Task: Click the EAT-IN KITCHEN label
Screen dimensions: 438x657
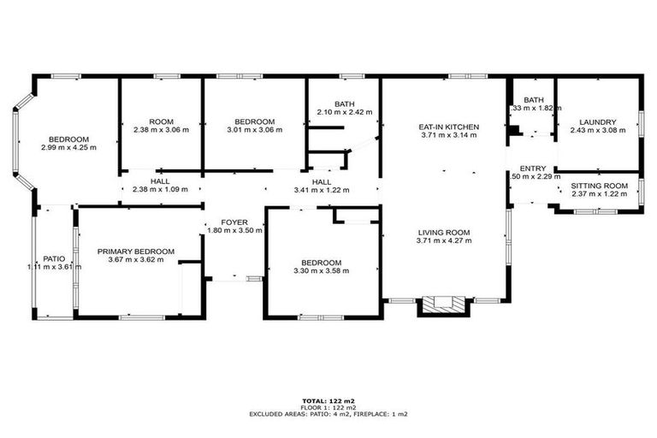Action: (x=448, y=127)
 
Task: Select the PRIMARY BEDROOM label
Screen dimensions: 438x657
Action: (x=135, y=252)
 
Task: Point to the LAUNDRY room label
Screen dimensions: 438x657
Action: (x=596, y=121)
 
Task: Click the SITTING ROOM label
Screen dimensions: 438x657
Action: (x=599, y=186)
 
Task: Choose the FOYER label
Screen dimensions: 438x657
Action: (x=234, y=222)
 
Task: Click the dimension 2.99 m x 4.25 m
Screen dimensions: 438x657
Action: (x=68, y=147)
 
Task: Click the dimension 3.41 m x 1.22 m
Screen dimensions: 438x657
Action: (x=322, y=190)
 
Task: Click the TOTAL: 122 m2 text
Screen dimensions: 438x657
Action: (x=328, y=400)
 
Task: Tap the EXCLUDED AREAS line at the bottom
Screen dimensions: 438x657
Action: (x=328, y=414)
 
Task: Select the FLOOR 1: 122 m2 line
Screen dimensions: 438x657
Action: (x=328, y=407)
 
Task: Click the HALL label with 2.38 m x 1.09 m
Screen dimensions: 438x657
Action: (x=160, y=181)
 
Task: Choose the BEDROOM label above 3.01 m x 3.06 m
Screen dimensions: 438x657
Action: (x=255, y=121)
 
